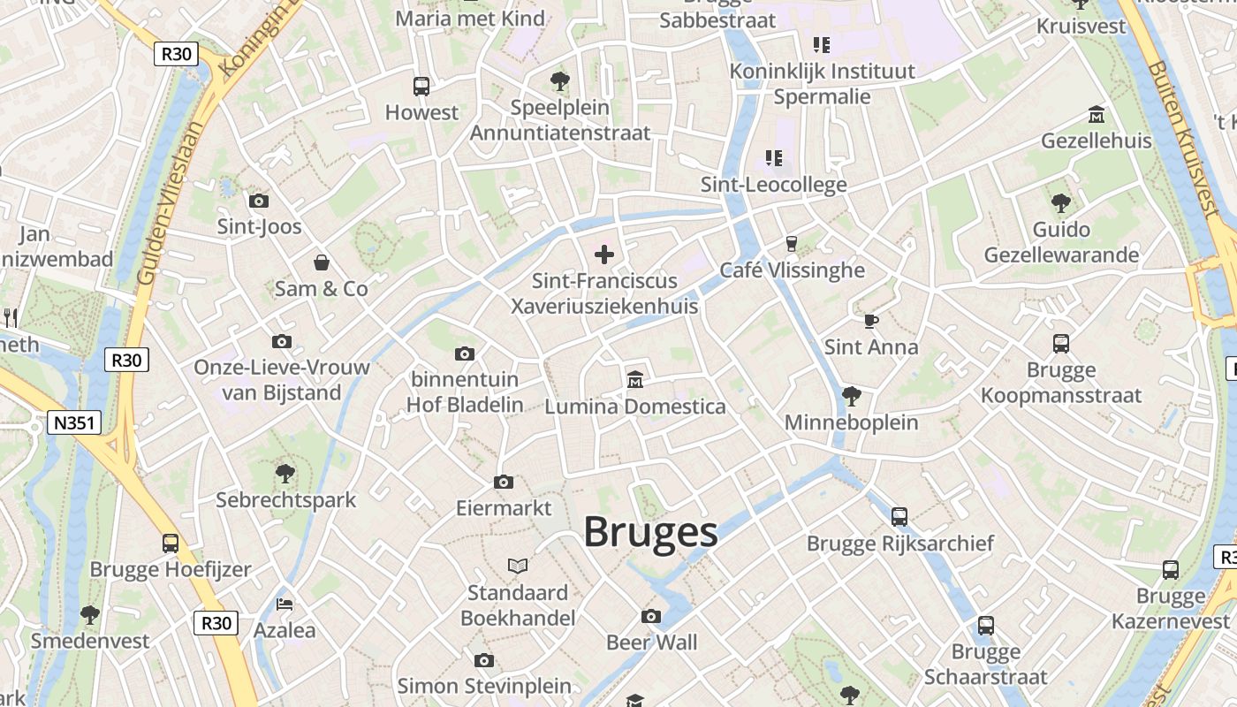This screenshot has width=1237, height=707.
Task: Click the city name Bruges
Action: click(650, 532)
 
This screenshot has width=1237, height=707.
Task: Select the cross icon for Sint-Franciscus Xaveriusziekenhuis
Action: click(604, 255)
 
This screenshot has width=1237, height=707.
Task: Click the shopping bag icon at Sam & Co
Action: click(322, 262)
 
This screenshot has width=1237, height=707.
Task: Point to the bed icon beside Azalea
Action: click(285, 604)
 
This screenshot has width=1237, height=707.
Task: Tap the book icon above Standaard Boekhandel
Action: click(518, 566)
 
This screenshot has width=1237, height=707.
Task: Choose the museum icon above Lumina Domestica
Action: click(634, 380)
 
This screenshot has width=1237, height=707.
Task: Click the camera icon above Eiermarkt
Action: click(504, 482)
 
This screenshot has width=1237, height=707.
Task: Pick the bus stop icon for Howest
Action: click(421, 87)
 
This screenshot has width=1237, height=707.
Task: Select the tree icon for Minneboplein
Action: click(852, 395)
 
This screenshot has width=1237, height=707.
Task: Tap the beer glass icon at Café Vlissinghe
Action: click(792, 243)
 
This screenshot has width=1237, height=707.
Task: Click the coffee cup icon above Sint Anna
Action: click(871, 321)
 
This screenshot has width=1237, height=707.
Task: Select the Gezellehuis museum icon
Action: click(1097, 115)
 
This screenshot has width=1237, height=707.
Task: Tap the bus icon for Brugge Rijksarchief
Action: click(899, 516)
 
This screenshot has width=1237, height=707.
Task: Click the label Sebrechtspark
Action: click(286, 500)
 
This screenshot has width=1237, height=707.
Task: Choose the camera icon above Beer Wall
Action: click(651, 616)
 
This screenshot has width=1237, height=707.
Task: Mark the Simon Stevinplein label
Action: click(484, 686)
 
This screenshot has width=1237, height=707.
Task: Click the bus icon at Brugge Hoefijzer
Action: click(171, 543)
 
